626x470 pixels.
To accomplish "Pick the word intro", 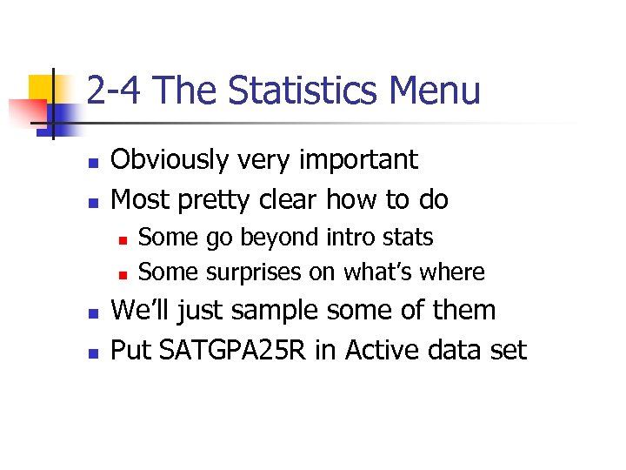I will (356, 237).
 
